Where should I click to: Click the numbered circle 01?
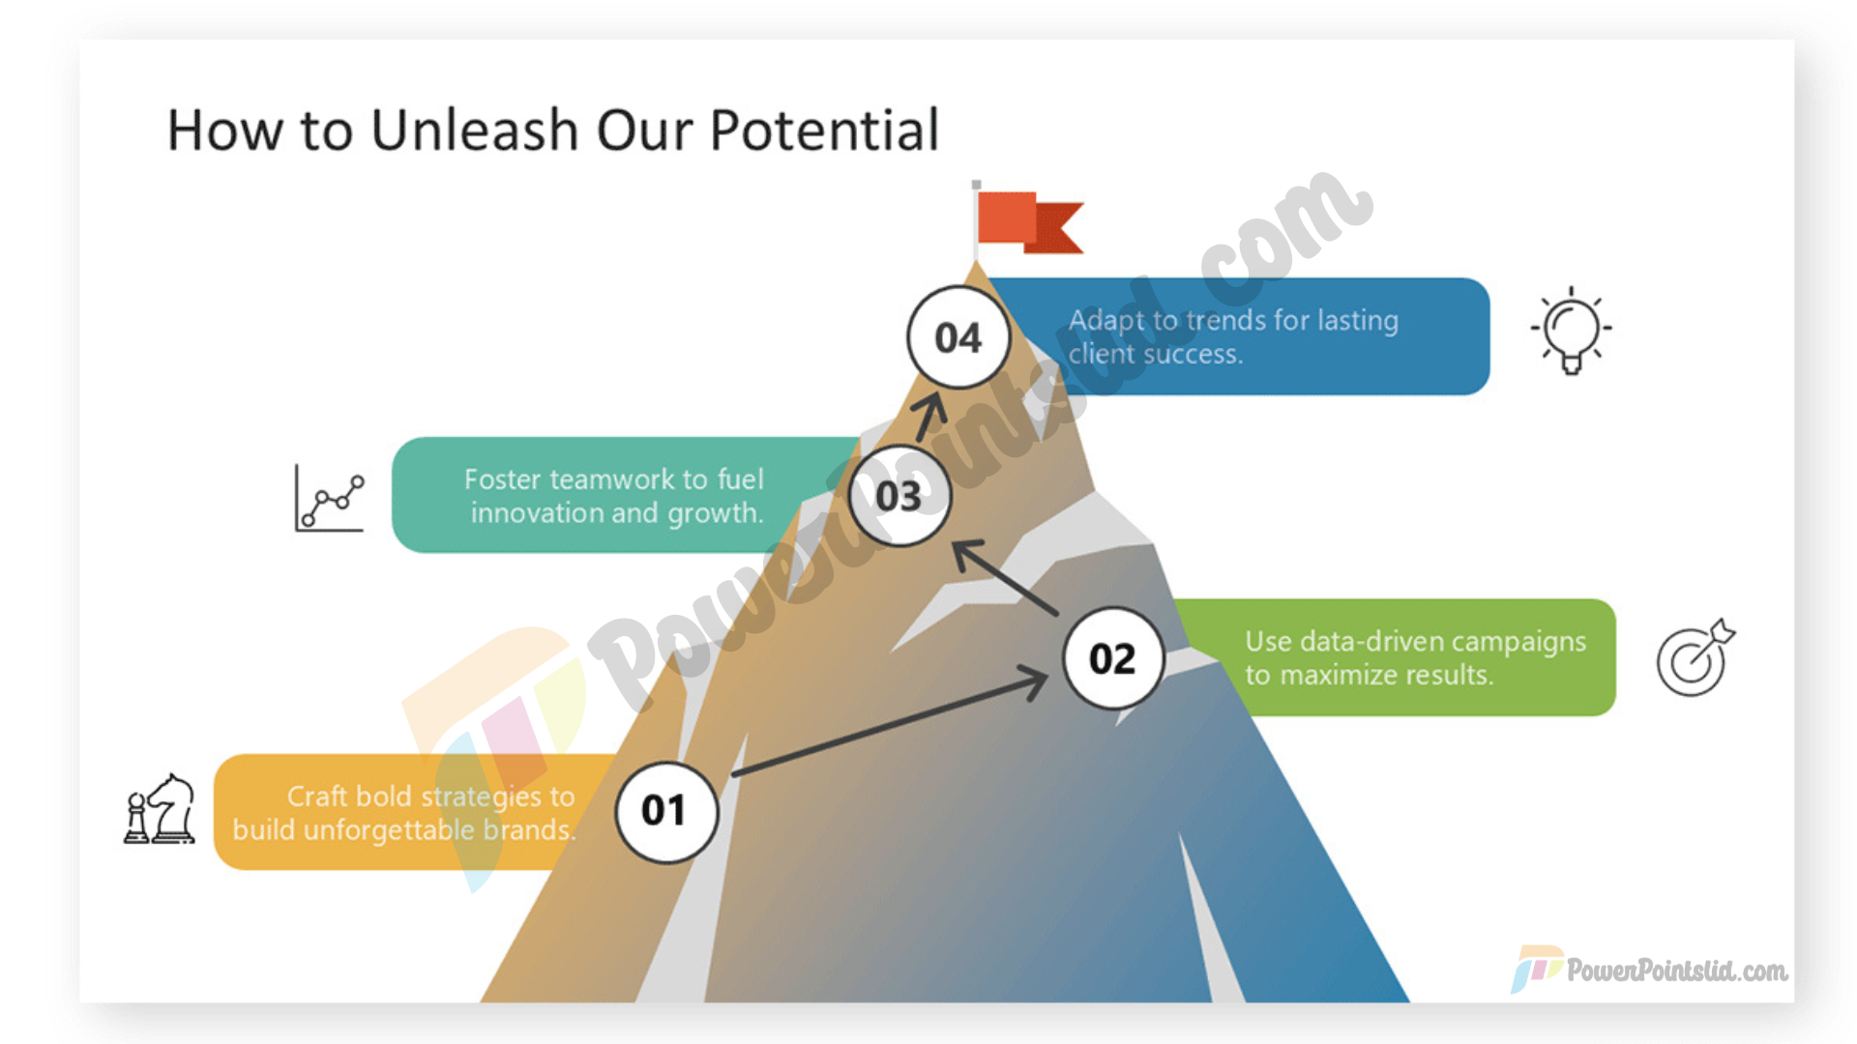[x=666, y=812]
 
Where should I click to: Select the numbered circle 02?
[x=1113, y=658]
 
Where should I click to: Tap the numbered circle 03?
[x=899, y=496]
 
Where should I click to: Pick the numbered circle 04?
[x=958, y=337]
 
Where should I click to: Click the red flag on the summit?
[x=1027, y=221]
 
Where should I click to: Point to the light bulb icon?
[x=1572, y=331]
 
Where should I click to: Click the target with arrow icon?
[x=1695, y=657]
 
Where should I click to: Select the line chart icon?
[x=330, y=498]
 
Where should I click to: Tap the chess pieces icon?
[x=160, y=809]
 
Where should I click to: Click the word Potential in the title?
[x=825, y=130]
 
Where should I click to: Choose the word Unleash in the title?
[x=475, y=130]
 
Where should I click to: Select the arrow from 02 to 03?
[x=1006, y=577]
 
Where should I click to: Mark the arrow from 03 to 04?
[x=930, y=417]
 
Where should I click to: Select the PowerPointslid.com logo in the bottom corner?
[x=1650, y=969]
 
